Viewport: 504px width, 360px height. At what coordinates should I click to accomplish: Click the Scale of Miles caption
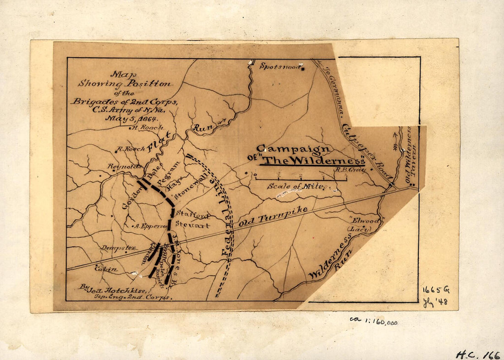296,186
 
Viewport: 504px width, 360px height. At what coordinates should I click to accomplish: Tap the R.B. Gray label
350,170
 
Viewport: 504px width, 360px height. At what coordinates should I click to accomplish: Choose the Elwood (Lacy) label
363,224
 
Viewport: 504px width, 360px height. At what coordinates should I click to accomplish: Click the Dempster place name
119,248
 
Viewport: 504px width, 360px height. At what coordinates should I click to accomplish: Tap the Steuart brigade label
193,226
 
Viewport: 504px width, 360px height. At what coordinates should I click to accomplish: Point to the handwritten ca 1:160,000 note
373,321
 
